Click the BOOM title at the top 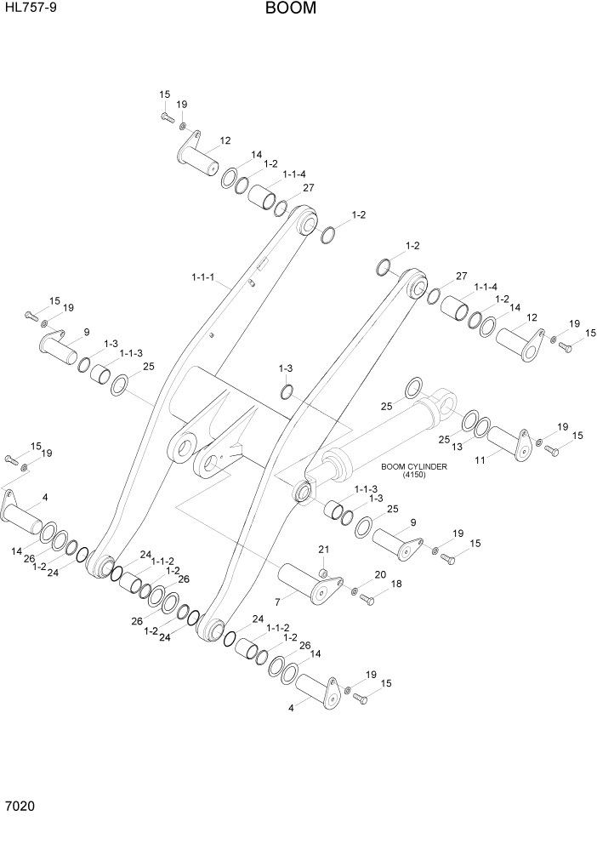point(290,9)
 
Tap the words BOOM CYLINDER point(414,466)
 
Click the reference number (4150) point(414,475)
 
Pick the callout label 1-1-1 point(203,277)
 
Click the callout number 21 point(323,548)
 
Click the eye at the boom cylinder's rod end point(303,492)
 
